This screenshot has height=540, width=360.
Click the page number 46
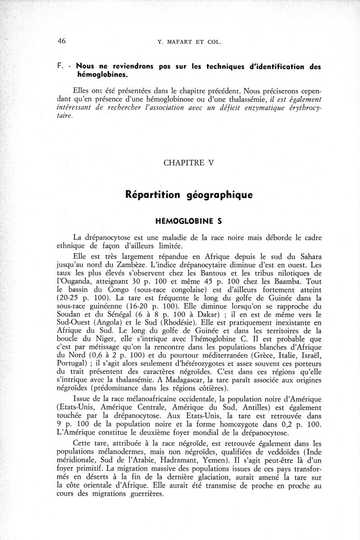click(62, 41)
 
